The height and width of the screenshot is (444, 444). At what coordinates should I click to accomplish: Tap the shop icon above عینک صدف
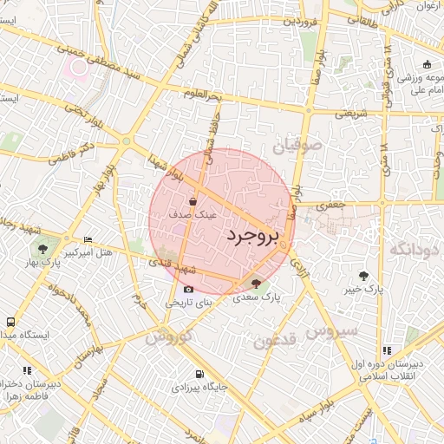[192, 201]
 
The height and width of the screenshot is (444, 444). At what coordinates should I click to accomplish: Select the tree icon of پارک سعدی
[255, 283]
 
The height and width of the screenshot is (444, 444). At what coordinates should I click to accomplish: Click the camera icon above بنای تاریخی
[188, 290]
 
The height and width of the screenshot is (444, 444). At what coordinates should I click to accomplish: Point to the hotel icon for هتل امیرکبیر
[88, 239]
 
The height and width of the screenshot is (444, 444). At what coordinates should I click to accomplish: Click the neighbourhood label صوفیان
[297, 147]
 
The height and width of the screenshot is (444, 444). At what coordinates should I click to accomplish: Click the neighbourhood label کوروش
[167, 335]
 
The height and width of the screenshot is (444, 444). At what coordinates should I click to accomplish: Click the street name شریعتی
[352, 114]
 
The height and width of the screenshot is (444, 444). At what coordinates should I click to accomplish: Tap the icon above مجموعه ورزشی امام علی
[427, 64]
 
